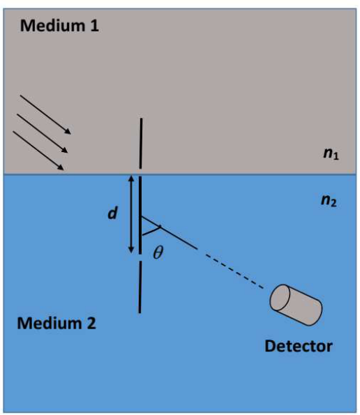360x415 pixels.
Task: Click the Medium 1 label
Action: tap(59, 26)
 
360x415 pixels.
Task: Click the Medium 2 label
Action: tap(57, 323)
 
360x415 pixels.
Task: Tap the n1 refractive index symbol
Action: tap(331, 153)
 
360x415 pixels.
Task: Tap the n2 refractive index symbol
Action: tap(329, 200)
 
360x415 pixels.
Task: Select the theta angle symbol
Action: tap(158, 252)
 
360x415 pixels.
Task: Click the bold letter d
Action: tap(112, 213)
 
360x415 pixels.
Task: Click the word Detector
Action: tap(299, 346)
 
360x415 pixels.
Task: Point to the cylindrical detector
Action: tap(296, 305)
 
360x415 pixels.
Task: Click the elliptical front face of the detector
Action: tap(280, 297)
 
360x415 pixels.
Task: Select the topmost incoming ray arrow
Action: tap(45, 114)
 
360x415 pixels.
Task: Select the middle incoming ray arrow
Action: tap(43, 133)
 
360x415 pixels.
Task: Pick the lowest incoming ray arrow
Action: tap(38, 151)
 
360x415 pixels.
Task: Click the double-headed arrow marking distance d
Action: tap(131, 214)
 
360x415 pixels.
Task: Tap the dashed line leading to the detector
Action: tap(234, 271)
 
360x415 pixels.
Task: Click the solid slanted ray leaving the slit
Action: tap(169, 232)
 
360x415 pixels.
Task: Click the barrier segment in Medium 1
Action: tap(141, 144)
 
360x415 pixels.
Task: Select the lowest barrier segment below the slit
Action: tap(140, 287)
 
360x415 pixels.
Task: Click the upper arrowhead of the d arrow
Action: tap(131, 178)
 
